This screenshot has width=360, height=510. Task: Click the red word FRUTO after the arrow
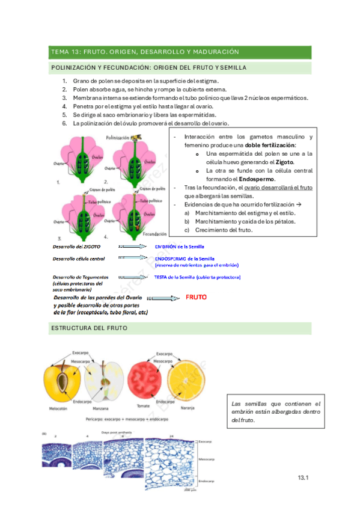pyautogui.click(x=197, y=297)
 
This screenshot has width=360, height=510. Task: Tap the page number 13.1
pyautogui.click(x=302, y=478)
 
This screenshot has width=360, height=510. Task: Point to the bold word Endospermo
pyautogui.click(x=258, y=179)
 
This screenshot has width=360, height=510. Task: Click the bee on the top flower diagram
pyautogui.click(x=138, y=137)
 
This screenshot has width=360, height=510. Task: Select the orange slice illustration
pyautogui.click(x=189, y=383)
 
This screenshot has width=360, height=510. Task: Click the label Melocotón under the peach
pyautogui.click(x=56, y=408)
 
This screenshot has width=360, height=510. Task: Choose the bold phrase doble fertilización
pyautogui.click(x=271, y=146)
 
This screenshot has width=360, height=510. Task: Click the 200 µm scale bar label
pyautogui.click(x=190, y=489)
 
